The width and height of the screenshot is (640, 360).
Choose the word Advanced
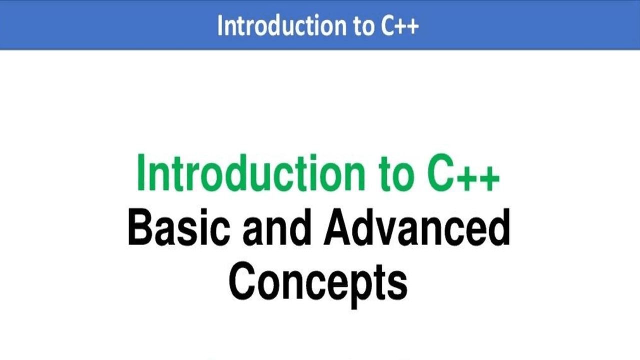point(417,228)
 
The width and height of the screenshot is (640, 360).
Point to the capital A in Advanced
point(340,228)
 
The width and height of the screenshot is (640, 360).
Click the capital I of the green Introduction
point(141,173)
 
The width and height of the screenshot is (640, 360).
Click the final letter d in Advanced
point(499,228)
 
